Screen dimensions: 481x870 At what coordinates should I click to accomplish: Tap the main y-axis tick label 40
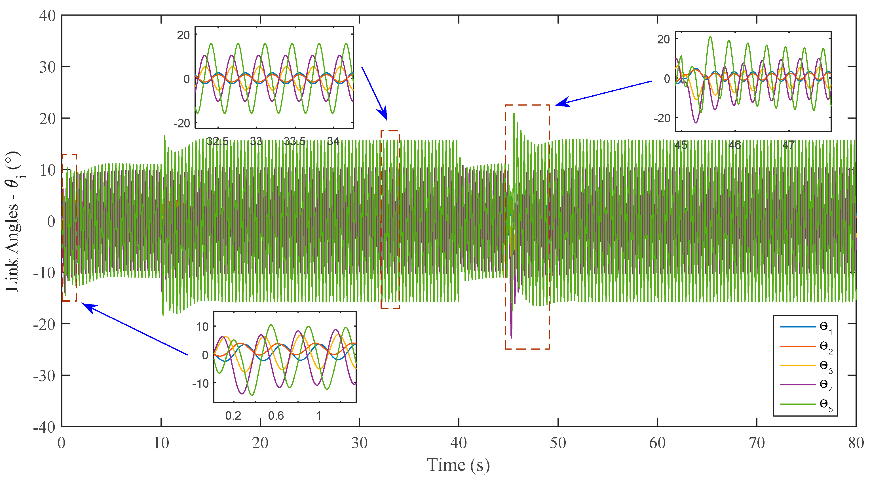click(x=48, y=16)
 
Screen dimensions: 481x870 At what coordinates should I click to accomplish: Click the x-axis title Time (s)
click(x=458, y=465)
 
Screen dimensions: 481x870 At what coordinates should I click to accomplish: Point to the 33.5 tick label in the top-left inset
click(x=295, y=141)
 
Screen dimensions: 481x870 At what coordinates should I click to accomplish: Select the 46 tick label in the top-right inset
click(x=734, y=145)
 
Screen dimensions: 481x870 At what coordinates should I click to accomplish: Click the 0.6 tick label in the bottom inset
click(x=276, y=416)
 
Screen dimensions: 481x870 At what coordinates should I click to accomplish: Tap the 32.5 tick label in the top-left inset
click(x=217, y=141)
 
